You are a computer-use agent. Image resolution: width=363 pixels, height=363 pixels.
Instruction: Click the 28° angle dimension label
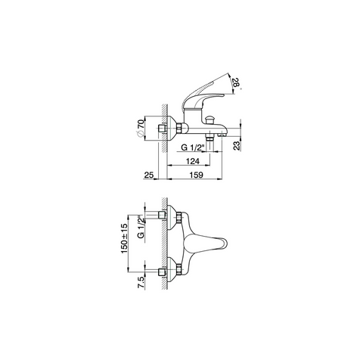(237, 83)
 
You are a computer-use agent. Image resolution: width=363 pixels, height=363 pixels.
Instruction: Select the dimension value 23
(237, 146)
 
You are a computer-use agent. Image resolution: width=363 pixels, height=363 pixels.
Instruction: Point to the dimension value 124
(193, 161)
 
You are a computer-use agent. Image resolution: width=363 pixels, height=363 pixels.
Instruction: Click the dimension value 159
(196, 175)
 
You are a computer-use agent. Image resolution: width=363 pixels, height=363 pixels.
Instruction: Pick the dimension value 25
(149, 175)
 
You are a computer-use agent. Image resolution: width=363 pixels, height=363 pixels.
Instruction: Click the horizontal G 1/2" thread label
(192, 147)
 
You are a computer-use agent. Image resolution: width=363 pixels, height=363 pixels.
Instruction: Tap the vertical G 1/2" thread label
(141, 227)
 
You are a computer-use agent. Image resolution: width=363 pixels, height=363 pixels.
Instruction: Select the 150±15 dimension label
(125, 238)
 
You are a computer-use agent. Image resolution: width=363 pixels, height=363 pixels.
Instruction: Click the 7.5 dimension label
(141, 282)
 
